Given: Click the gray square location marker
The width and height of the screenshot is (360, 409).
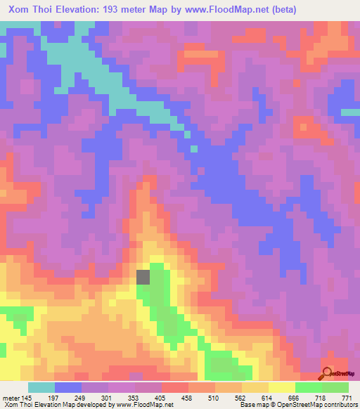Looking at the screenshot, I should tap(143, 277).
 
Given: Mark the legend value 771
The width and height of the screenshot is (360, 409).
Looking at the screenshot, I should tap(347, 398).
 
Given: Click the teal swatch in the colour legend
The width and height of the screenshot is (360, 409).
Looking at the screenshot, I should tap(41, 388).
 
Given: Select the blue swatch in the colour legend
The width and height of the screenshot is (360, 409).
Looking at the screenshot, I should tap(68, 388).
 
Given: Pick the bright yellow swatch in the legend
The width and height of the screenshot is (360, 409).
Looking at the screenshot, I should tap(282, 388).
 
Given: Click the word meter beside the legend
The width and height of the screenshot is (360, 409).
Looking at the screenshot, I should tap(11, 398).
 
